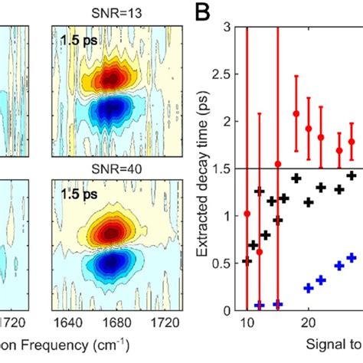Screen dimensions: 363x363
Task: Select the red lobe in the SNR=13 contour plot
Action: [x=113, y=78]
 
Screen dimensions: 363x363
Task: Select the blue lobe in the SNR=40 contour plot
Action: [x=113, y=262]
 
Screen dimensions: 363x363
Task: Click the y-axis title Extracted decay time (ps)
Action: [x=205, y=168]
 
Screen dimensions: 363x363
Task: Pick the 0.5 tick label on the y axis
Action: [x=227, y=263]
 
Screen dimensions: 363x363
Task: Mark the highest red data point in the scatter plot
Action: [x=296, y=113]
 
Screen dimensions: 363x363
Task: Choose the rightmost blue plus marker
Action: [x=352, y=258]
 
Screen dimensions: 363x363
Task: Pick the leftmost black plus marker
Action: [x=247, y=261]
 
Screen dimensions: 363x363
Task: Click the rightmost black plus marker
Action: [x=352, y=175]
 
